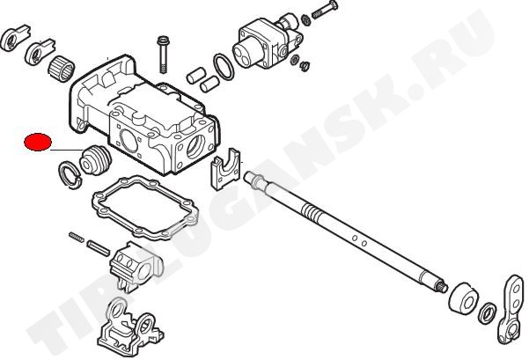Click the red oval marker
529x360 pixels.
click(x=38, y=142)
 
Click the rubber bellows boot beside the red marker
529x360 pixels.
click(x=95, y=159)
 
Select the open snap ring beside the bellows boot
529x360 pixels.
click(x=70, y=174)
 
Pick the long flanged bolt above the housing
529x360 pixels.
click(x=163, y=54)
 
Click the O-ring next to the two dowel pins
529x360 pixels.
click(x=224, y=67)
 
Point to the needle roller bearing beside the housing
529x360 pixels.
click(x=62, y=69)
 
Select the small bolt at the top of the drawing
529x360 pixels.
click(x=325, y=10)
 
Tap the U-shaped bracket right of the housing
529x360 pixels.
click(x=225, y=168)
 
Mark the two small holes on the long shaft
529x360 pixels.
click(x=359, y=240)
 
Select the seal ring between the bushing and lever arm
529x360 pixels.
click(x=488, y=313)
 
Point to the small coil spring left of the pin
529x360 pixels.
click(x=77, y=237)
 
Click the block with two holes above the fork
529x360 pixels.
click(x=136, y=265)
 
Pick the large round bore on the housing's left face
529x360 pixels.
click(x=129, y=140)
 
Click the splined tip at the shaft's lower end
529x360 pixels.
click(x=444, y=287)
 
